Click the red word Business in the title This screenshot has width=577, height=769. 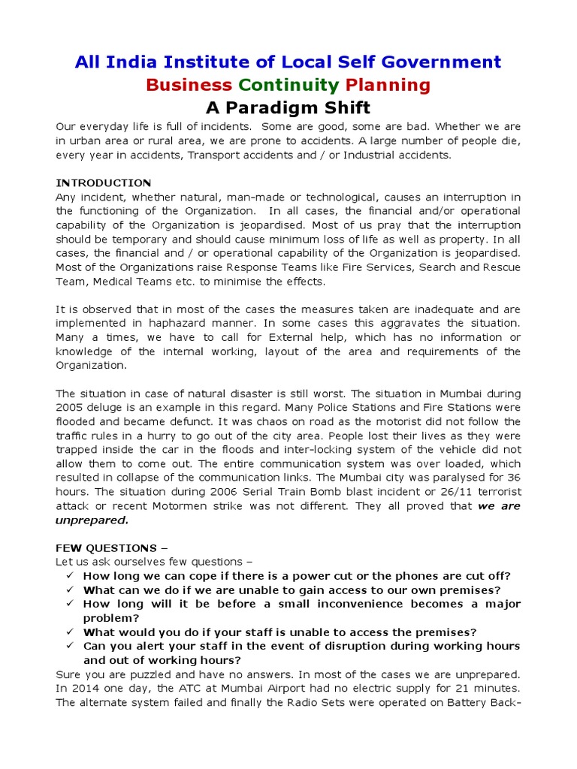pyautogui.click(x=189, y=84)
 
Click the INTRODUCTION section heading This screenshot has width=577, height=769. pyautogui.click(x=104, y=182)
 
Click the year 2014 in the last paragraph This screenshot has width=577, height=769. pyautogui.click(x=83, y=688)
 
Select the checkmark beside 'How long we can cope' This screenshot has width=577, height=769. pyautogui.click(x=69, y=576)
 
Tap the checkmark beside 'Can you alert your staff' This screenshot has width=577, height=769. pyautogui.click(x=69, y=646)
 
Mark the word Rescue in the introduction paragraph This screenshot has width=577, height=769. pyautogui.click(x=500, y=267)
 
